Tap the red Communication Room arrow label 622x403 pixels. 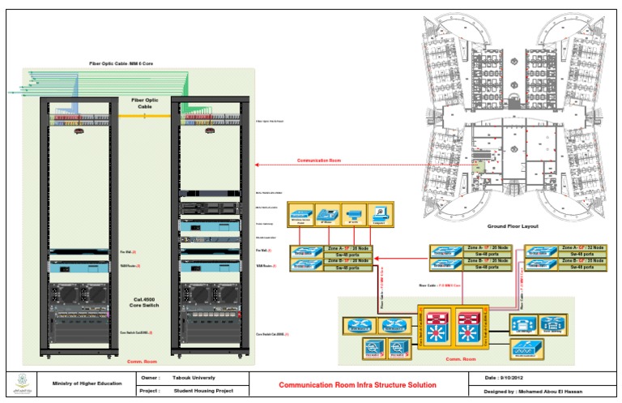[319, 161]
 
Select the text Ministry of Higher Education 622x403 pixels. [87, 383]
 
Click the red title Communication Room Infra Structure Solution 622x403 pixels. [357, 384]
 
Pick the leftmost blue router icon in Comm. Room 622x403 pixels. [359, 325]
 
